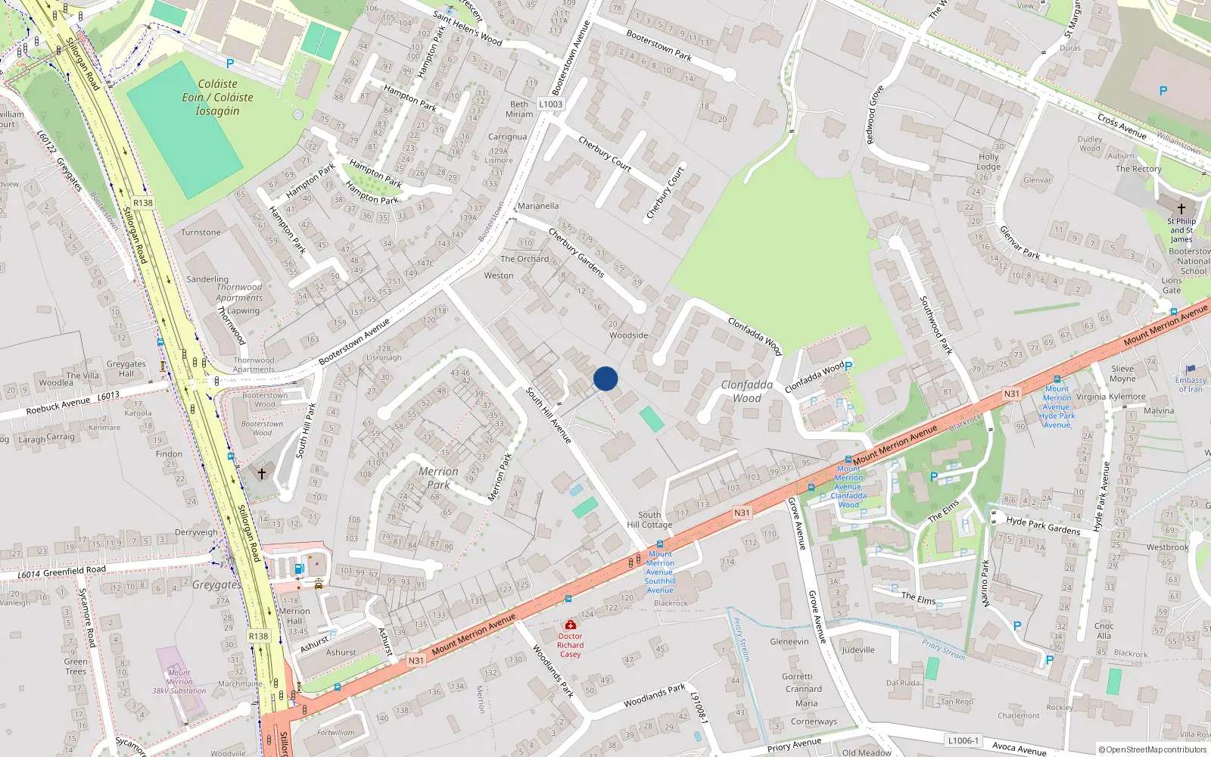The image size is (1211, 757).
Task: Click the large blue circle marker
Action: click(605, 378)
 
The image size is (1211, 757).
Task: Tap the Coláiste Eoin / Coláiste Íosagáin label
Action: click(217, 98)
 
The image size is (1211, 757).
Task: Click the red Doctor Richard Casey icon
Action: click(571, 625)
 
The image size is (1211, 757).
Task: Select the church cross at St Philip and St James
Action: click(1181, 208)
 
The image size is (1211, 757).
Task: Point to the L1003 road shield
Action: click(551, 104)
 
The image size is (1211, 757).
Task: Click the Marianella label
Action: click(538, 206)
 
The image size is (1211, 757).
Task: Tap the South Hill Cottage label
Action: click(649, 519)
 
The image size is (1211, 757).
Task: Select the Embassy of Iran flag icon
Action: click(1191, 369)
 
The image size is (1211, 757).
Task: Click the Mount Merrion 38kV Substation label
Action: click(179, 681)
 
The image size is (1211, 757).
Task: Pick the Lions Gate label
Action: click(1172, 285)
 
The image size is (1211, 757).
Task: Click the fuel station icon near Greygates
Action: click(299, 569)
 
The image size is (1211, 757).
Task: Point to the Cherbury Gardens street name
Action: click(576, 252)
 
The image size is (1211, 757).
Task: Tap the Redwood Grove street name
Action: click(875, 115)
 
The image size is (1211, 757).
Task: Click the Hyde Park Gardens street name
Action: click(1043, 525)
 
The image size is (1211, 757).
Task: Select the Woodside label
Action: click(629, 335)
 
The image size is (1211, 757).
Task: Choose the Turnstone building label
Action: click(201, 232)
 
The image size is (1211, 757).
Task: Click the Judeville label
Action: click(858, 650)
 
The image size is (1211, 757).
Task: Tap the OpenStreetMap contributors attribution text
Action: click(1152, 750)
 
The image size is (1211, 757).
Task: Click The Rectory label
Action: click(1138, 169)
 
